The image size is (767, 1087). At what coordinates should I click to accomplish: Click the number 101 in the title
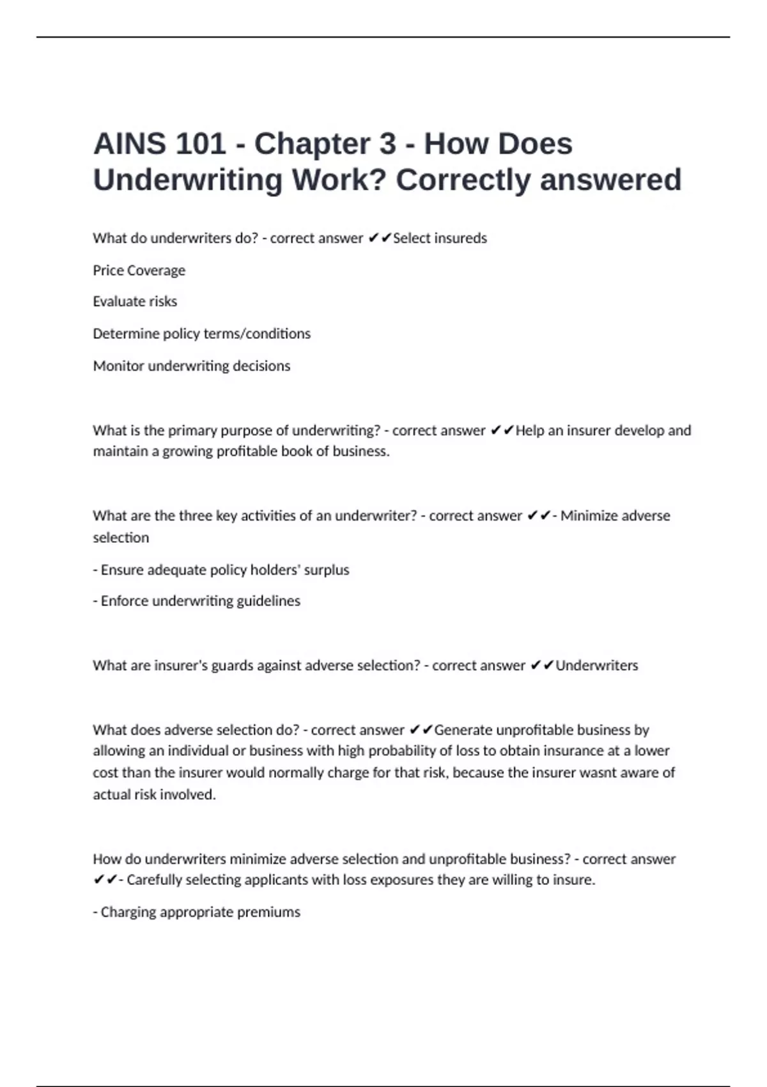pyautogui.click(x=200, y=144)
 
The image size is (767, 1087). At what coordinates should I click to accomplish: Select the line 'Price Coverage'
pyautogui.click(x=139, y=270)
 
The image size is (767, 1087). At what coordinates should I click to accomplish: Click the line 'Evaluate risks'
pyautogui.click(x=135, y=301)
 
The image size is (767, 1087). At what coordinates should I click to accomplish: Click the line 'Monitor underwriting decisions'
pyautogui.click(x=191, y=366)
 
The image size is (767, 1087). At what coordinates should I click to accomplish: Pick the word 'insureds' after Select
pyautogui.click(x=461, y=239)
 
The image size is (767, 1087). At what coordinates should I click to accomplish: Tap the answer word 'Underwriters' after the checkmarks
pyautogui.click(x=596, y=666)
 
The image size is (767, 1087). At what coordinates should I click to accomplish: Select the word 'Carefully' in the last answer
pyautogui.click(x=155, y=880)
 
